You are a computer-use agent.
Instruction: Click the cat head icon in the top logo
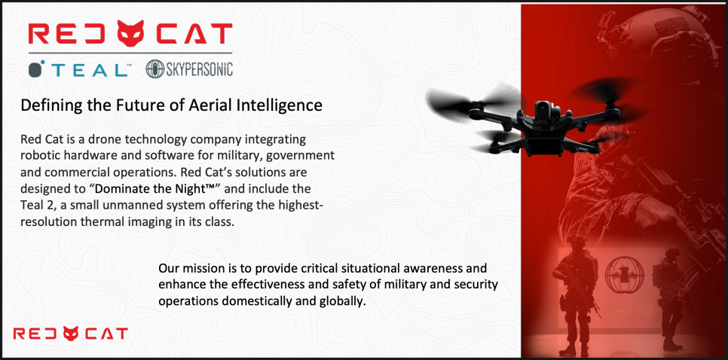(130, 32)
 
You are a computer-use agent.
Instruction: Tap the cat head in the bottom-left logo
(71, 333)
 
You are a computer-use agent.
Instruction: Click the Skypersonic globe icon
(154, 69)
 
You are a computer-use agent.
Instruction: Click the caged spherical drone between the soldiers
(625, 274)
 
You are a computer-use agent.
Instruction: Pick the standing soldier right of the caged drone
(668, 297)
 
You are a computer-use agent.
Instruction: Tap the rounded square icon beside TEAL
(37, 69)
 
